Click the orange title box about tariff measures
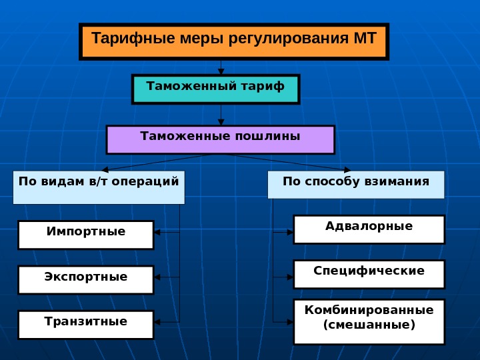(233, 42)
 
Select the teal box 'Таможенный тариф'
(215, 89)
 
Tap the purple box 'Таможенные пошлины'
(220, 139)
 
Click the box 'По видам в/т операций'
(99, 187)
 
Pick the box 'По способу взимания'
(356, 185)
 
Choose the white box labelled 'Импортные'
(86, 235)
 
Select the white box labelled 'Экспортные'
(86, 280)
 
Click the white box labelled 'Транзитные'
(86, 325)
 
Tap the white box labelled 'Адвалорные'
(369, 229)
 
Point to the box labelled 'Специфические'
(369, 274)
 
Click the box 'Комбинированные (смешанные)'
(369, 322)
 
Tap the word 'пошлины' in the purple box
(267, 136)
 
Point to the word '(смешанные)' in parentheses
(369, 325)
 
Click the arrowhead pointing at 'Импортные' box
(157, 233)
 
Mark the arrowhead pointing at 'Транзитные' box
(157, 322)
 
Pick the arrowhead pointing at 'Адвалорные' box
(290, 232)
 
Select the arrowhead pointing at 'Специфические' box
(290, 275)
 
